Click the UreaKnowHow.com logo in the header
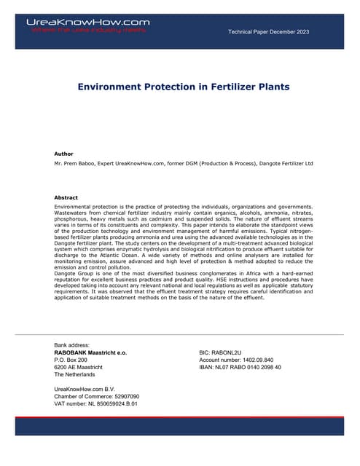click(87, 22)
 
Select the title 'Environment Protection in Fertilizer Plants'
click(184, 87)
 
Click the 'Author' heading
click(64, 154)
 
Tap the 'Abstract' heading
click(66, 197)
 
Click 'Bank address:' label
click(72, 344)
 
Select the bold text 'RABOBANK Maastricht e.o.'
click(91, 352)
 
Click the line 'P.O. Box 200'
click(71, 360)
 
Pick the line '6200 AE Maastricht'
click(79, 368)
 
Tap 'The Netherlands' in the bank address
click(75, 375)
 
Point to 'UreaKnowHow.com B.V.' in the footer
click(85, 390)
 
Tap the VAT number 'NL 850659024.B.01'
click(113, 404)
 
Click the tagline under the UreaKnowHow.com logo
click(87, 31)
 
